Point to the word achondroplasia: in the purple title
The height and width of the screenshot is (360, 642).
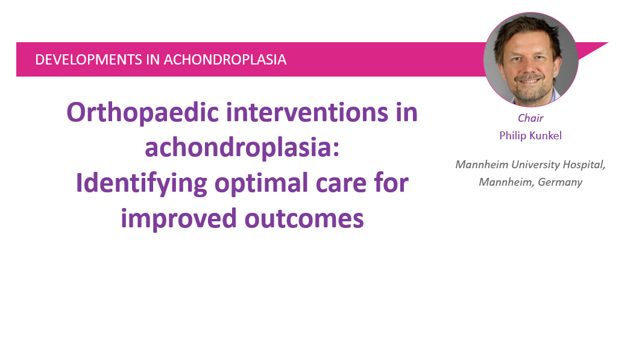click(242, 148)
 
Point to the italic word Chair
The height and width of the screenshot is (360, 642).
click(530, 119)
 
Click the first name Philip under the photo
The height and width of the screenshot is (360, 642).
click(513, 136)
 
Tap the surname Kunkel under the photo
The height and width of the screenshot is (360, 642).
click(546, 136)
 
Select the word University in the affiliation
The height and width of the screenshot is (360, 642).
click(531, 165)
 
